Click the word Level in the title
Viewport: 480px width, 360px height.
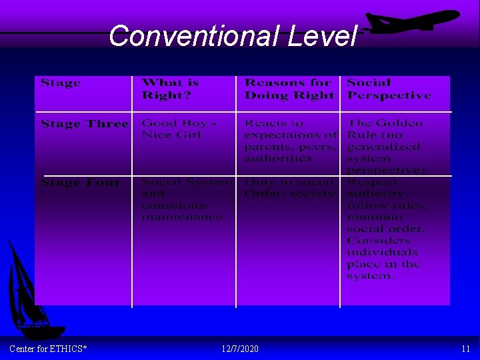click(323, 35)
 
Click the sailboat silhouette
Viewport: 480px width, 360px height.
click(30, 293)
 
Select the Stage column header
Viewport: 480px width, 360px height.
click(61, 83)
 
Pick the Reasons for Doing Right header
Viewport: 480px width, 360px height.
click(288, 89)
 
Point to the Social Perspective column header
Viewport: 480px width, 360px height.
click(389, 89)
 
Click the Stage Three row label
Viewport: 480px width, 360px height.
click(84, 123)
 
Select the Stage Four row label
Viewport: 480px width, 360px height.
click(81, 182)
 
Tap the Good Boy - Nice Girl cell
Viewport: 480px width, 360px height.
click(178, 129)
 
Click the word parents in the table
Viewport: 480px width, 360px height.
click(267, 147)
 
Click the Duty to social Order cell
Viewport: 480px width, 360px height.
click(289, 187)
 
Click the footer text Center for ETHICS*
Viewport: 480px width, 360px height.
click(48, 349)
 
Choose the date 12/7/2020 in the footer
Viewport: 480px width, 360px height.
click(240, 349)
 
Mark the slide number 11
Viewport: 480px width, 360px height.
click(465, 349)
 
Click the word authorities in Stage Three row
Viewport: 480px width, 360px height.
click(278, 159)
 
